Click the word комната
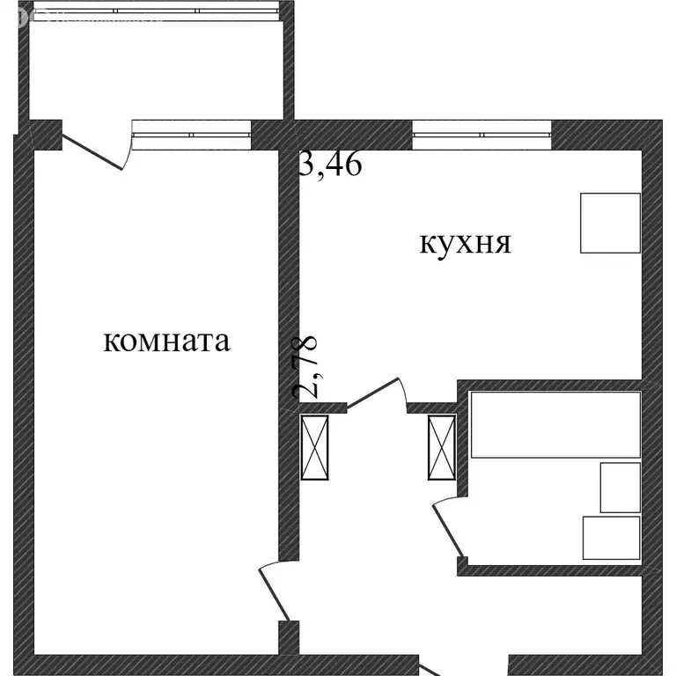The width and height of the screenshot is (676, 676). pos(167,341)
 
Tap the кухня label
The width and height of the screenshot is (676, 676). pos(466,243)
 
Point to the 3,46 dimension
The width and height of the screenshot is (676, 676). pos(330,165)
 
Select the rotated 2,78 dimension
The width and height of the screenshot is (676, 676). pos(310,364)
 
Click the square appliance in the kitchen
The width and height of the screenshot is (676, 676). pos(610,223)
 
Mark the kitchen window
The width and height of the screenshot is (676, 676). pos(481,135)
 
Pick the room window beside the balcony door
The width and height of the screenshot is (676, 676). pos(191,135)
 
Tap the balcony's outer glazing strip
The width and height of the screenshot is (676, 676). pos(155,11)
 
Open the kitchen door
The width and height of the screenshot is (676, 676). pos(375,391)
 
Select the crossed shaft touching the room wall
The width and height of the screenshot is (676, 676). pos(315,448)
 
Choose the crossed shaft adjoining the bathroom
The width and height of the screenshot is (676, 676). pos(441,448)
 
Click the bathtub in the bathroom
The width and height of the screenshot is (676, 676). pos(555,425)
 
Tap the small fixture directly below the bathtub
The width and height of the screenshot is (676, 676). pos(620,487)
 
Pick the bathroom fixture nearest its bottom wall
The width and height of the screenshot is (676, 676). pos(611,537)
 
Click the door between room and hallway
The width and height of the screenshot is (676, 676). pos(274,592)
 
